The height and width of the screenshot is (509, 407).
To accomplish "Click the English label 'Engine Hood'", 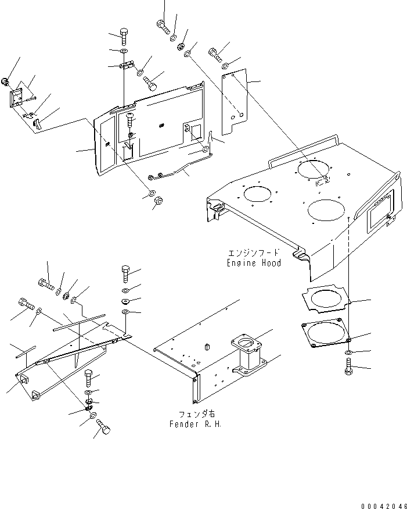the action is click(x=254, y=263).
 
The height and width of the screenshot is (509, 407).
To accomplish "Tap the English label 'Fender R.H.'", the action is click(x=196, y=424).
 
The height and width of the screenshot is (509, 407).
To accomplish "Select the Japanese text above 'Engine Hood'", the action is click(x=254, y=253).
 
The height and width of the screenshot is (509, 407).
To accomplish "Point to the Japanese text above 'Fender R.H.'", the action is click(x=197, y=414).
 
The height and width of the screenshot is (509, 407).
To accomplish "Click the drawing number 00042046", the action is click(x=384, y=506).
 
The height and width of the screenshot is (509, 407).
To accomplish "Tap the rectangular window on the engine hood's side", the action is click(x=379, y=213).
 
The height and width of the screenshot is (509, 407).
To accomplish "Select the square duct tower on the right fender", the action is click(x=248, y=354).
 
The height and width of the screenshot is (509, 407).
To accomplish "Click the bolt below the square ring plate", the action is click(x=349, y=366).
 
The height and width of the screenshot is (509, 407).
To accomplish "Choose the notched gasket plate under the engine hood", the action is click(x=326, y=298).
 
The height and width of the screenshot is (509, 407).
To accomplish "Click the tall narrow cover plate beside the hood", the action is click(x=235, y=102).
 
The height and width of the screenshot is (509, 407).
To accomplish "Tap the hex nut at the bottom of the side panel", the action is click(x=159, y=201).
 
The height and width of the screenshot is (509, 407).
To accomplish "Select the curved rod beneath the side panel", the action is click(x=180, y=166).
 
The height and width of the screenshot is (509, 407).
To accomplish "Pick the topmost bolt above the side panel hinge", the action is click(x=124, y=36).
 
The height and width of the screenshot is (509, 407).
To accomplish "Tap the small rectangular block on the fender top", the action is click(x=207, y=347).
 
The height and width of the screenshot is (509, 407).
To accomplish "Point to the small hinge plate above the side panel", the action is click(x=127, y=65).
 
